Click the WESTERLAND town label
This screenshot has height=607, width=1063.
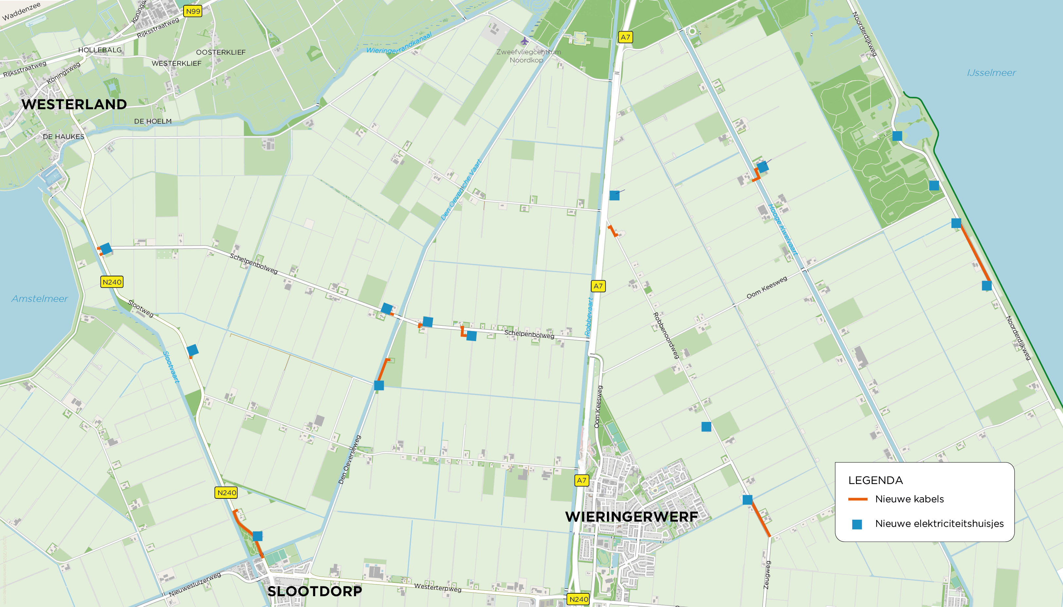[x=74, y=104]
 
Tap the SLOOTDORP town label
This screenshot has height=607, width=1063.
[x=314, y=591]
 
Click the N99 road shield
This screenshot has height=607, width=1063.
[x=193, y=11]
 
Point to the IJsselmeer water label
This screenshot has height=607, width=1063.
[x=991, y=73]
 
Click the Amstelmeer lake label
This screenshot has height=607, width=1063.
[x=40, y=299]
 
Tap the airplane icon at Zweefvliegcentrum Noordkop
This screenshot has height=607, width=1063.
[x=524, y=41]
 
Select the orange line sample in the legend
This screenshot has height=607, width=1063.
[x=858, y=499]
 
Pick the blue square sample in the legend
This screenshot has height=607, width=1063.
[x=857, y=524]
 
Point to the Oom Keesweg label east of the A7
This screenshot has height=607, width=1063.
[x=767, y=287]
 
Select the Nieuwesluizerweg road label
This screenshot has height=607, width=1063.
[x=195, y=584]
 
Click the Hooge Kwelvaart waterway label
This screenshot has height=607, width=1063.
[x=783, y=229]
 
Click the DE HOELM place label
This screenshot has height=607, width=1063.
[x=153, y=121]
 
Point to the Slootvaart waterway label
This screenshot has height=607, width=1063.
[x=171, y=367]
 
